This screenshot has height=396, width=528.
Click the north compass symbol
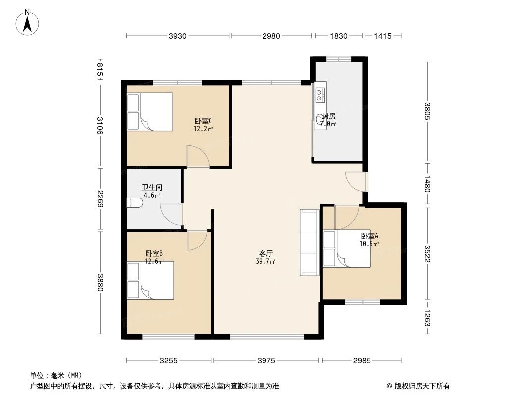click(29, 22)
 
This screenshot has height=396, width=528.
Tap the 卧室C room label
click(203, 121)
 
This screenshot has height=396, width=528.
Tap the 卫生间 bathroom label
click(152, 188)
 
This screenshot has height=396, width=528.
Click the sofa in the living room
click(309, 242)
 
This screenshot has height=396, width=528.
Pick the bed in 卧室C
click(150, 112)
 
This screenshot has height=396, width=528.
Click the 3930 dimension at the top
click(178, 36)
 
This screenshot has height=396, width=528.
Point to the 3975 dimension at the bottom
click(266, 361)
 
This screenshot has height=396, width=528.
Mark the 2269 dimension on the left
click(100, 199)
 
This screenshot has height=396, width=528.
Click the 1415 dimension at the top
click(383, 36)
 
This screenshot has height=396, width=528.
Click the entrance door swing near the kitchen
click(355, 180)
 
